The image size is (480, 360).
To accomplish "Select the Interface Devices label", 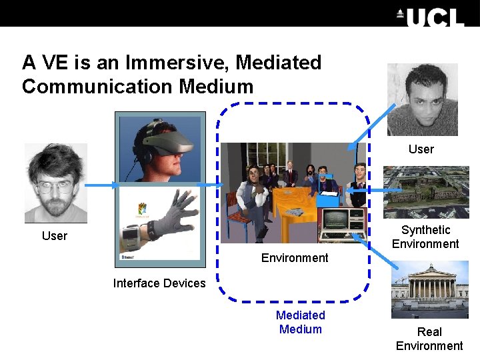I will [159, 283].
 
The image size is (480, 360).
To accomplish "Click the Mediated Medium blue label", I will [301, 322].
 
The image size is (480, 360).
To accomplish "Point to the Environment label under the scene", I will [295, 258].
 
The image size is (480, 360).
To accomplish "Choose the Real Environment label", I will [429, 339].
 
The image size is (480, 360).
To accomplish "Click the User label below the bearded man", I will [55, 236].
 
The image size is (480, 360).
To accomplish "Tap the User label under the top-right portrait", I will [421, 149].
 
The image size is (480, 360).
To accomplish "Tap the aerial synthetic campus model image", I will [426, 192].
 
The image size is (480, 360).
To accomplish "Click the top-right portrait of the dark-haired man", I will [423, 100].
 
